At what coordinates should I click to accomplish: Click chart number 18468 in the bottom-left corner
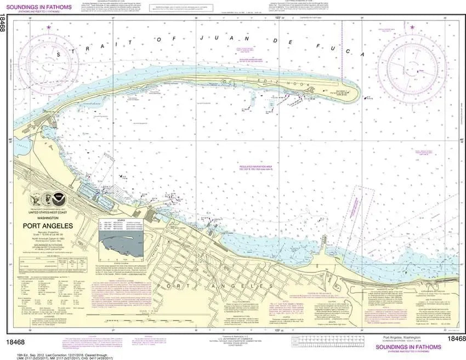16,341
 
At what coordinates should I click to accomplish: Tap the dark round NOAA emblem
58,196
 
